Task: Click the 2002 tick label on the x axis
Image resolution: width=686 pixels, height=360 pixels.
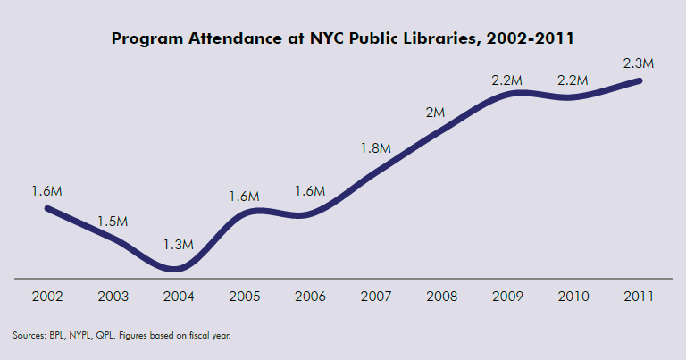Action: (x=46, y=296)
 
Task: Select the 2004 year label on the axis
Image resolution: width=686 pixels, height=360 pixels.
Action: (x=178, y=296)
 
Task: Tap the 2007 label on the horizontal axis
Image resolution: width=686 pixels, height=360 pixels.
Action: (x=376, y=296)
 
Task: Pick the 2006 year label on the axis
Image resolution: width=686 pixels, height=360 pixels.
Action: (x=310, y=296)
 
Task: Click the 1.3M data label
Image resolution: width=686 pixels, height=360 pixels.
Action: (x=178, y=243)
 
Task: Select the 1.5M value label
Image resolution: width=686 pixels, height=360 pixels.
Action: (x=113, y=221)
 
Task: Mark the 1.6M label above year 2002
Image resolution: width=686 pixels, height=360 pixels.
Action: (x=46, y=191)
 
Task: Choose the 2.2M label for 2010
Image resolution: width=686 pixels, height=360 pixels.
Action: (x=573, y=80)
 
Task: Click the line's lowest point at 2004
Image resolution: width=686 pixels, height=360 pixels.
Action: (x=176, y=268)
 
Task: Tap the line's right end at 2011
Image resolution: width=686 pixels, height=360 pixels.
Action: (x=640, y=80)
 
